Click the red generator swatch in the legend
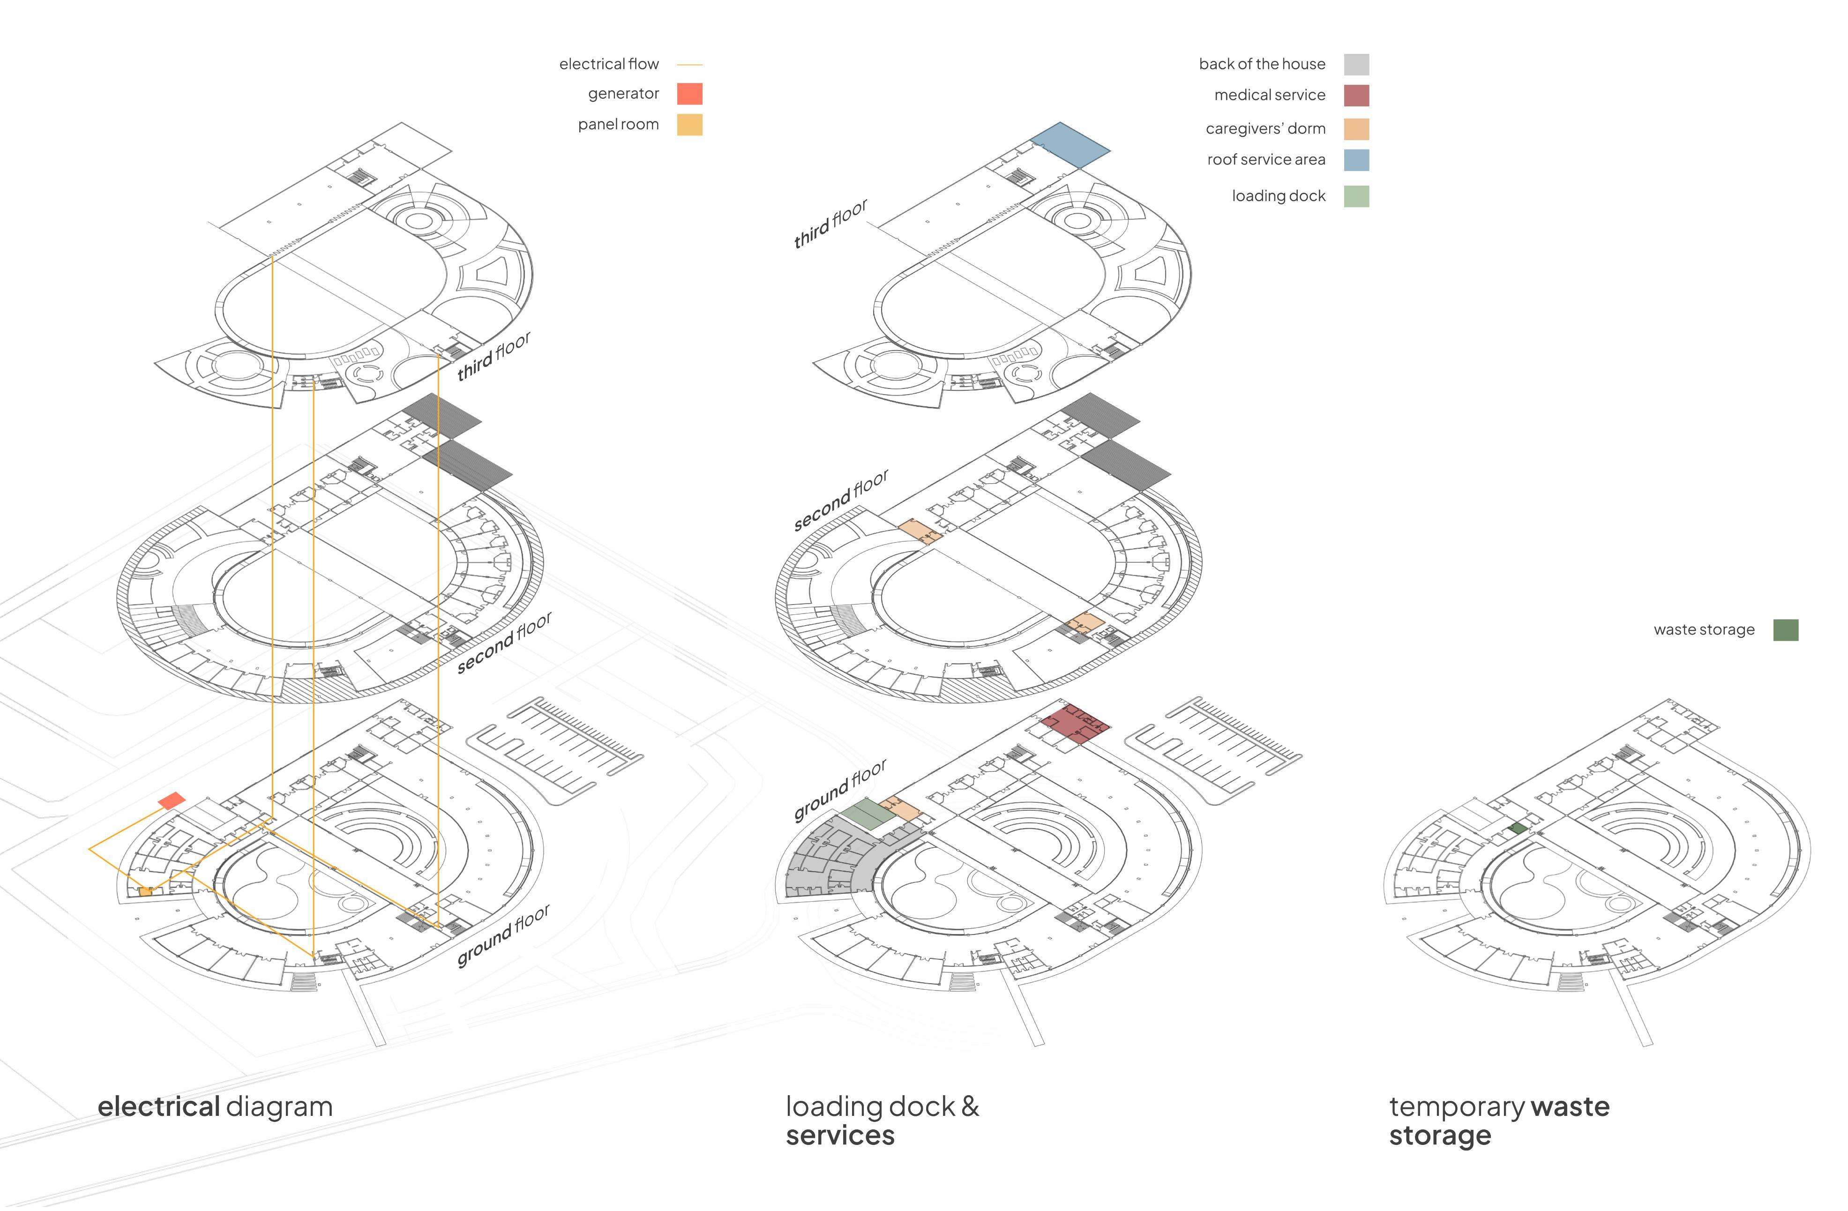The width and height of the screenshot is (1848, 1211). pyautogui.click(x=689, y=94)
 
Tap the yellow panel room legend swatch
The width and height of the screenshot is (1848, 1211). pyautogui.click(x=689, y=125)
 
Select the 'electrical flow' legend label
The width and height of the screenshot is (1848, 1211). pyautogui.click(x=609, y=64)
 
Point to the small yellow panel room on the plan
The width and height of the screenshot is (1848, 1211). pyautogui.click(x=145, y=892)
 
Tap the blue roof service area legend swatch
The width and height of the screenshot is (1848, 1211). pyautogui.click(x=1356, y=160)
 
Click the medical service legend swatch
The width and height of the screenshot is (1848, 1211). pyautogui.click(x=1356, y=96)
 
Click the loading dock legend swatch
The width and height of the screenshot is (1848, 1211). pyautogui.click(x=1356, y=196)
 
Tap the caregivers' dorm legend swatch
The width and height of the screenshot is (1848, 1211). pyautogui.click(x=1356, y=129)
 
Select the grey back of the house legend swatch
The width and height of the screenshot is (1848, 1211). pyautogui.click(x=1356, y=64)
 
